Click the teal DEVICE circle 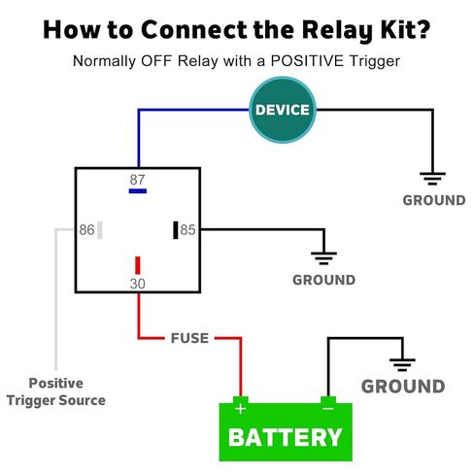(x=283, y=110)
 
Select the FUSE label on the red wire (x=189, y=338)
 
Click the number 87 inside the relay (x=137, y=180)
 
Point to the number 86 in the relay (x=86, y=230)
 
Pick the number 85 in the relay (x=187, y=230)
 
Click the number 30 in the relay (x=138, y=284)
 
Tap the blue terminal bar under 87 (x=138, y=191)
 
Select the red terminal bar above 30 (x=138, y=265)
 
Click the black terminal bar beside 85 (x=176, y=230)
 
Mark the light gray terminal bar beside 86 (x=100, y=230)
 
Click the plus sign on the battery (x=240, y=409)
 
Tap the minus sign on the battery (x=328, y=409)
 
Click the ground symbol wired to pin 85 (x=323, y=258)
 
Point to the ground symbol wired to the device (x=432, y=179)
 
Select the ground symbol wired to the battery (x=402, y=365)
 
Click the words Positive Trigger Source (x=56, y=392)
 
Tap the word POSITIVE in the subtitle (x=307, y=61)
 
